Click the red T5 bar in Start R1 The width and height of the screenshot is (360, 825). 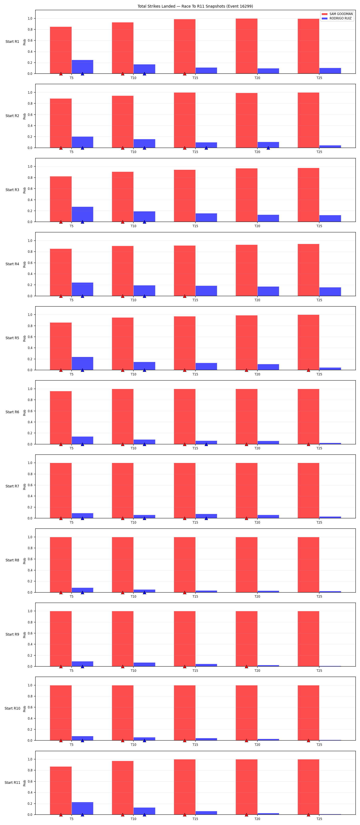(61, 50)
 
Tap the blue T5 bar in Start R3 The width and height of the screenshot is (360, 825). (82, 214)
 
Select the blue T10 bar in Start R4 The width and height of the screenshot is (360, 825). (144, 290)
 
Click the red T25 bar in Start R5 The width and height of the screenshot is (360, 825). (308, 342)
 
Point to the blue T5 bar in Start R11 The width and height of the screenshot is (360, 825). (82, 808)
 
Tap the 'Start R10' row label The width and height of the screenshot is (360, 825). (12, 708)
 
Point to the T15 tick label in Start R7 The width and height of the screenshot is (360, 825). (195, 522)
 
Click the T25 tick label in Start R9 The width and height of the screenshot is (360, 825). (319, 670)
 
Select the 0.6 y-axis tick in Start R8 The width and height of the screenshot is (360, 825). (30, 559)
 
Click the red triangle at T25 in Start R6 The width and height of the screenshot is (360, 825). (308, 444)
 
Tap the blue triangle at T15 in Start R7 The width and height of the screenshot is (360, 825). (206, 518)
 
